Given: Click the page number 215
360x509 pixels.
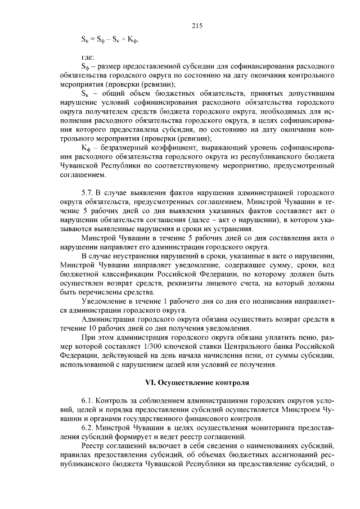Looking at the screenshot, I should [x=196, y=25].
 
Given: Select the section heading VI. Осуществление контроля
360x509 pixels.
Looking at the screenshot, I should [x=196, y=382].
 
